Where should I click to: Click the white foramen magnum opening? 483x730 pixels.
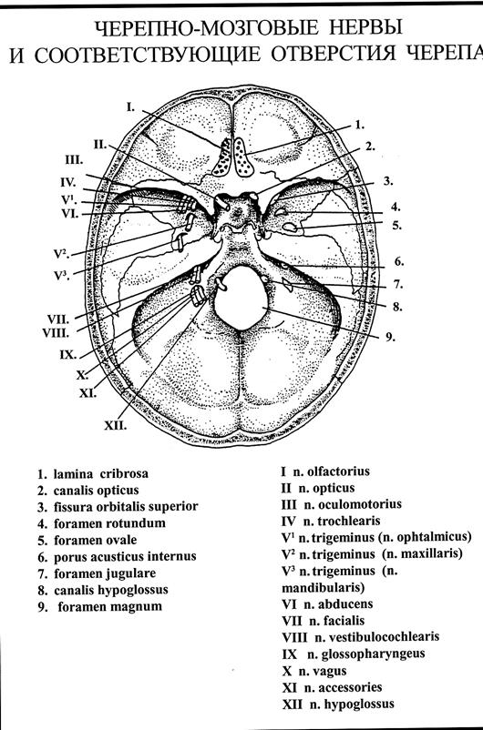(241, 298)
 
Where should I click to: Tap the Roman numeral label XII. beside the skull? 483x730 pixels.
(115, 425)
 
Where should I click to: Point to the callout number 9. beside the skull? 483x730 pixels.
(390, 337)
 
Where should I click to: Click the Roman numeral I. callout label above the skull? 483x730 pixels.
(130, 106)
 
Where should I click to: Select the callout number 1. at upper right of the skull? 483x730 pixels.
(359, 125)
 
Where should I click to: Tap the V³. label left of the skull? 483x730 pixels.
(62, 276)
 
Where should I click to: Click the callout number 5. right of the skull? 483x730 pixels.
(396, 226)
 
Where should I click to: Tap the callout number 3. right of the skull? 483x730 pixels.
(388, 181)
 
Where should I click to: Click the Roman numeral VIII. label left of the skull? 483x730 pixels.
(56, 333)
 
